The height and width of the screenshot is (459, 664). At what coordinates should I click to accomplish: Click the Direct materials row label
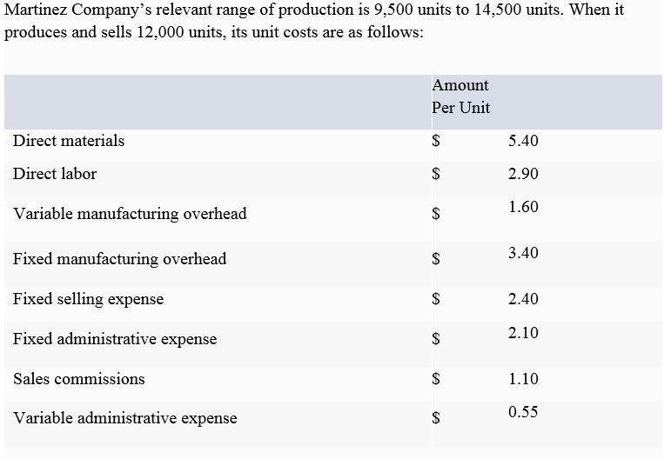(x=69, y=141)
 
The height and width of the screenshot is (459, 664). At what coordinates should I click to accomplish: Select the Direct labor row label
(x=55, y=174)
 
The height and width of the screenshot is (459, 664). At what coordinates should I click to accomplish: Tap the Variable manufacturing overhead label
(x=130, y=214)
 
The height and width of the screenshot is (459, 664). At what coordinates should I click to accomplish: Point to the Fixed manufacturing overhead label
(x=119, y=259)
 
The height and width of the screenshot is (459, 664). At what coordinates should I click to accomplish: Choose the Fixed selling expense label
(x=88, y=299)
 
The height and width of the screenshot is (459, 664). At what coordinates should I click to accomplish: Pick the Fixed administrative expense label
(x=115, y=339)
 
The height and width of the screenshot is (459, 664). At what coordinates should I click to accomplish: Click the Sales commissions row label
(x=79, y=379)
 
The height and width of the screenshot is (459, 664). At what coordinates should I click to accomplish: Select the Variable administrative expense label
(x=124, y=418)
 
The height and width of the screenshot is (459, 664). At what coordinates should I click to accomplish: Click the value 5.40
(x=523, y=141)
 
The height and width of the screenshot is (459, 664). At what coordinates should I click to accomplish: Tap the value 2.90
(x=523, y=174)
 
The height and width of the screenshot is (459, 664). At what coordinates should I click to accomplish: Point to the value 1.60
(x=523, y=207)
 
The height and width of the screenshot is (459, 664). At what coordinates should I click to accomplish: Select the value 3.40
(x=523, y=253)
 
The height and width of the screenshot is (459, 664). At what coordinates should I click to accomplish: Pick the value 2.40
(x=523, y=299)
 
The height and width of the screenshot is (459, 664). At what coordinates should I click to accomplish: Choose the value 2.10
(x=523, y=333)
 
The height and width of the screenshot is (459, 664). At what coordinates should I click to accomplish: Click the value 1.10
(x=523, y=379)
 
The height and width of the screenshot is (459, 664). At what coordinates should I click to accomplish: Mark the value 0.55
(x=523, y=412)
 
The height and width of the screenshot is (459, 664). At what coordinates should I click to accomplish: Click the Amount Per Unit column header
(x=460, y=96)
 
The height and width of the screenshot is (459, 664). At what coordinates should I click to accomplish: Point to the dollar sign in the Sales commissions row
(x=437, y=379)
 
